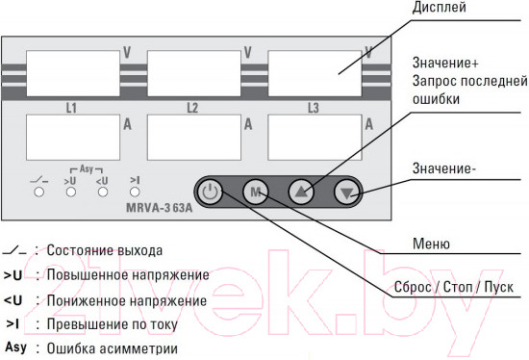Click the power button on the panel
213,192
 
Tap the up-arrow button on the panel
302,192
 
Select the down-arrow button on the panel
348,192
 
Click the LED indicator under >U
69,192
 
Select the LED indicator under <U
102,192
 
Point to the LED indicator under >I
135,192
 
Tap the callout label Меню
431,244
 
